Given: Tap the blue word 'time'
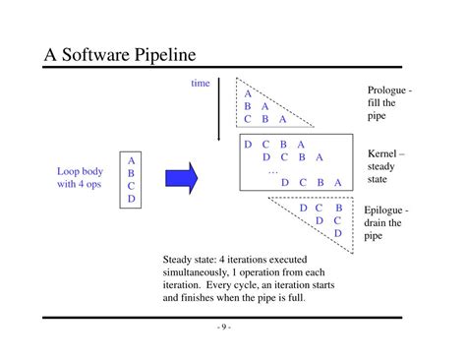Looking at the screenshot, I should (x=201, y=84).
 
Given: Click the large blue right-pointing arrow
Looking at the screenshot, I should (x=179, y=177).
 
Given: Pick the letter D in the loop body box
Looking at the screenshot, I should (x=131, y=199).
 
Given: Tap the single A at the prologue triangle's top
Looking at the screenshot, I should (x=248, y=93).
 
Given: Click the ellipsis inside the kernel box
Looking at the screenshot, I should (x=273, y=169).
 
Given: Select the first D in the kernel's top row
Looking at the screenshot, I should (x=248, y=144).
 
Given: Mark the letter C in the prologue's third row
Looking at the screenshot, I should (x=248, y=119).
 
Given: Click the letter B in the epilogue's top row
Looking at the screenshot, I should (x=338, y=208).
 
